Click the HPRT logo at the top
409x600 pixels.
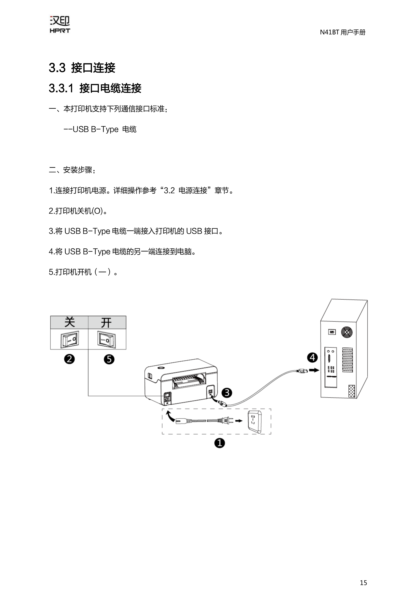click(60, 25)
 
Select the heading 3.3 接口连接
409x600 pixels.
click(82, 68)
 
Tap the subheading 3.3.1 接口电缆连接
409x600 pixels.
click(95, 88)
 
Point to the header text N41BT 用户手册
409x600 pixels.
click(343, 32)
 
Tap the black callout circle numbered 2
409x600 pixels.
click(69, 359)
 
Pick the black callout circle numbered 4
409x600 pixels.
click(312, 358)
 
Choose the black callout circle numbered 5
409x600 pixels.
click(109, 359)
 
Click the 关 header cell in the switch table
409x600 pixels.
click(69, 322)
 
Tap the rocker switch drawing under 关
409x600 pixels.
click(70, 339)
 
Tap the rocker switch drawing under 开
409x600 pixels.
click(106, 339)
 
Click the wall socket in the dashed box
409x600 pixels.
click(254, 422)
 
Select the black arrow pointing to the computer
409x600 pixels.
click(314, 370)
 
